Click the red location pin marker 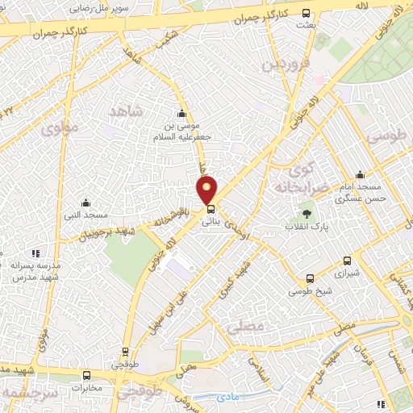207,190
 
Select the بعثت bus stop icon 306,13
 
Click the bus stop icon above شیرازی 347,261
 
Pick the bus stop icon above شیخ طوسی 308,278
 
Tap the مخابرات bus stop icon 87,375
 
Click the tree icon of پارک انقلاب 307,214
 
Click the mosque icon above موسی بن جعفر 181,113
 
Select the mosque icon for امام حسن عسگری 360,174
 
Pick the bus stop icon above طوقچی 125,351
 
